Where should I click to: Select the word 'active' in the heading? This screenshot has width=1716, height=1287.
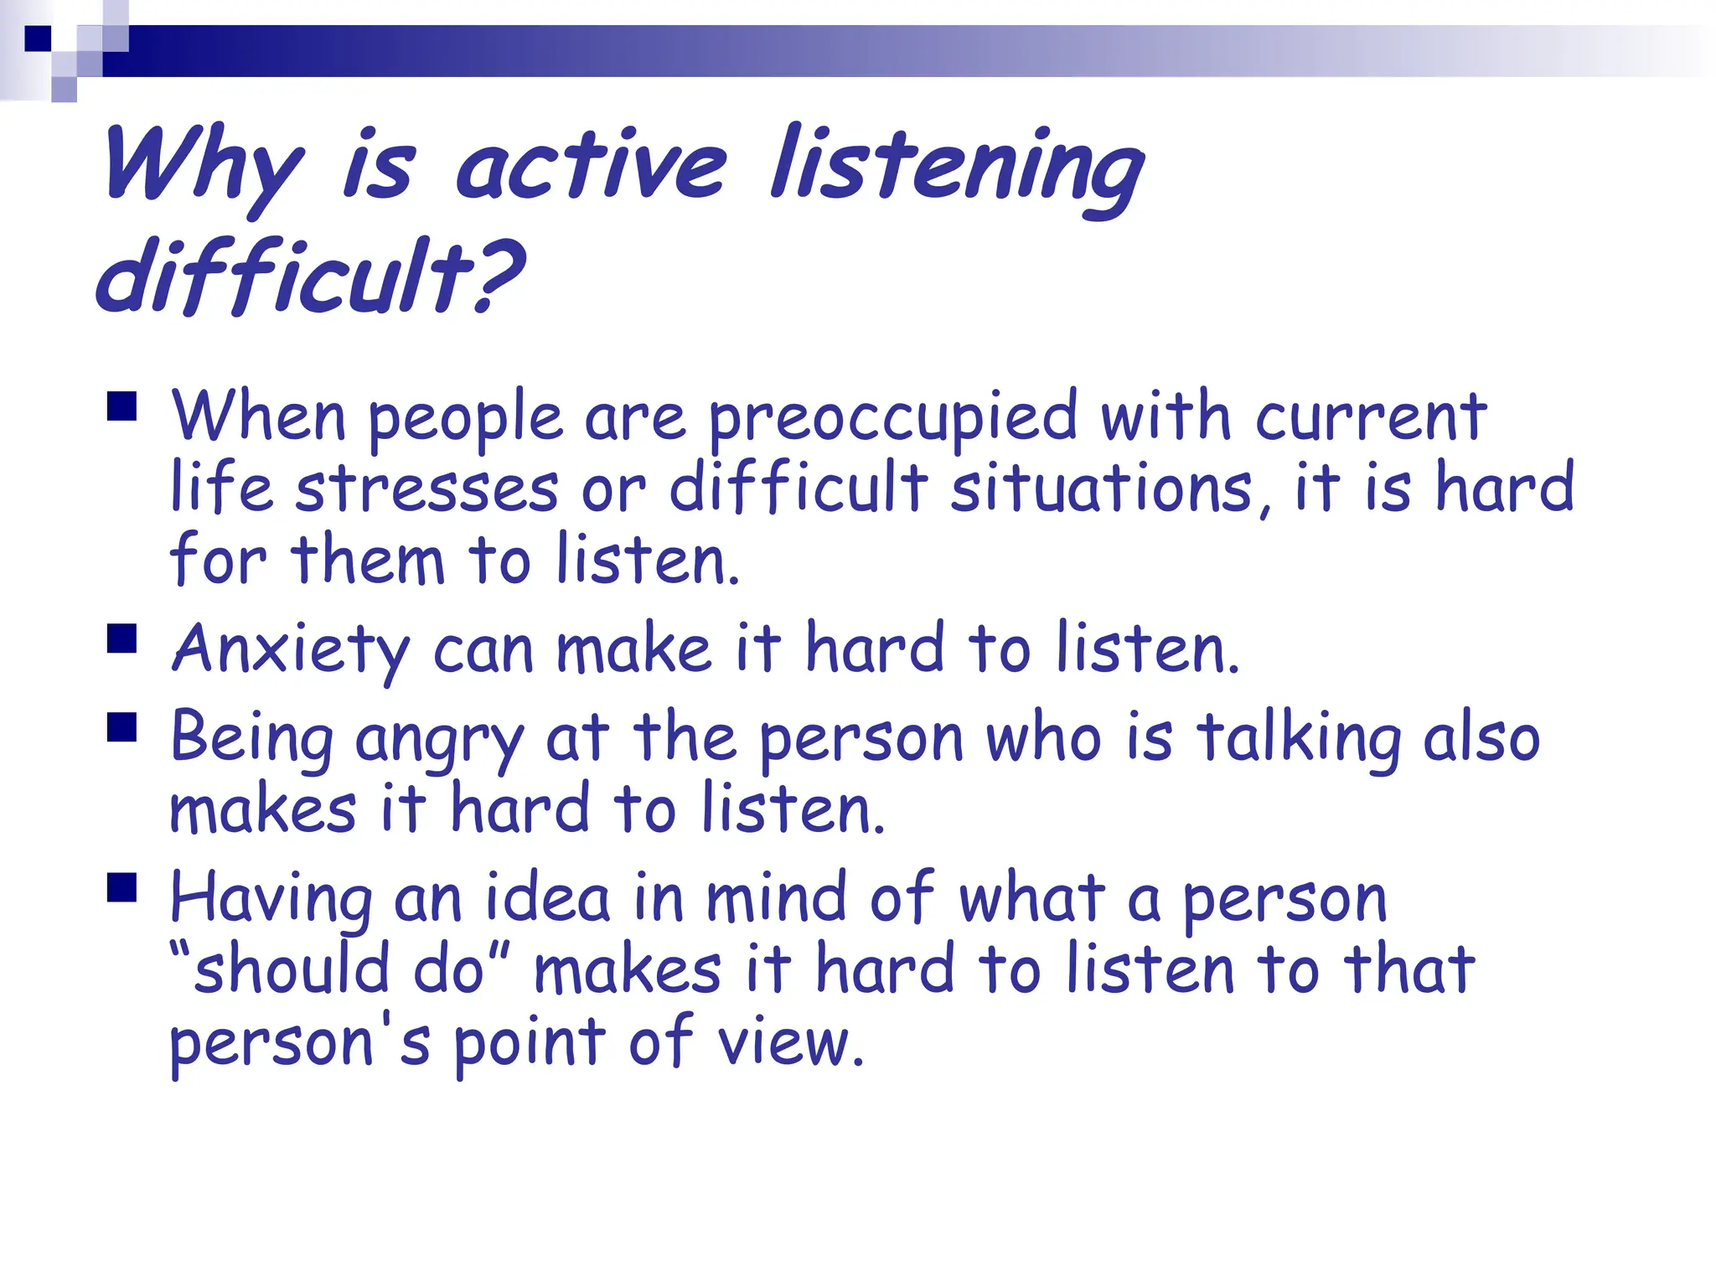[591, 168]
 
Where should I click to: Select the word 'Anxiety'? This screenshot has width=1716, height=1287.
[290, 650]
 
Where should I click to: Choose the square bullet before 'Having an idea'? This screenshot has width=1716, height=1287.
[122, 887]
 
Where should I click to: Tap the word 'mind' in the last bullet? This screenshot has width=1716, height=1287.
[776, 898]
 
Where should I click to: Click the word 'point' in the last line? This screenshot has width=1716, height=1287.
[530, 1044]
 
